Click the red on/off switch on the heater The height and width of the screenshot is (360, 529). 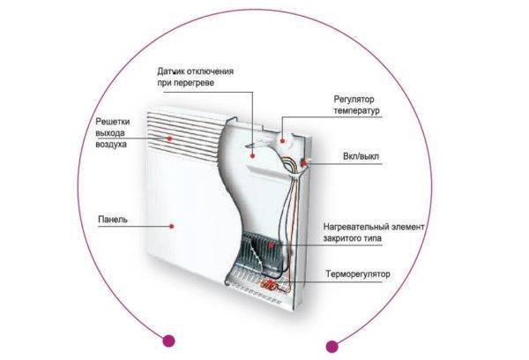302,163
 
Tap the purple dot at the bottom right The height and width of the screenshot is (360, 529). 332,345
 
